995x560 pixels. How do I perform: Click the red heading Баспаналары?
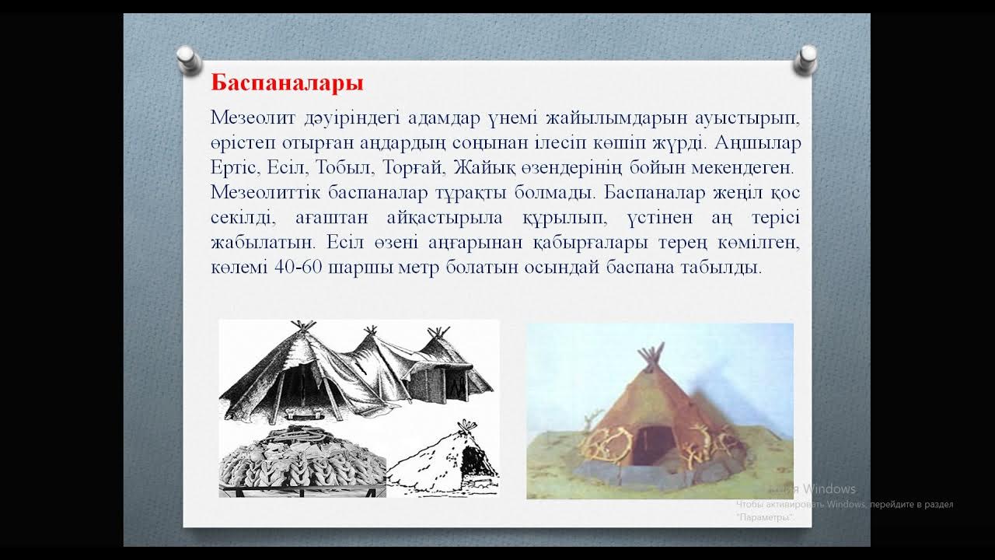point(287,82)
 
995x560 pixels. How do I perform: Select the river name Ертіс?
point(235,167)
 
